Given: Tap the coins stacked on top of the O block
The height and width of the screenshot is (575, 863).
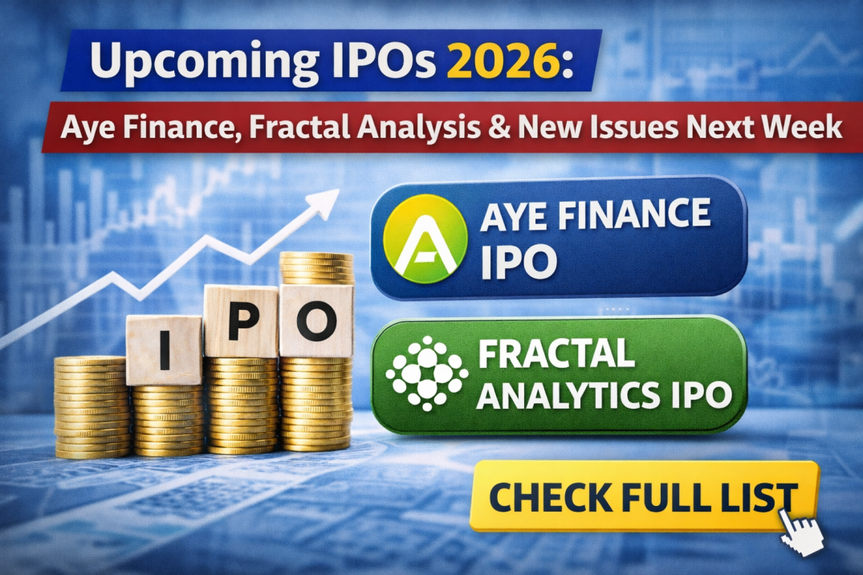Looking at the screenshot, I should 316,268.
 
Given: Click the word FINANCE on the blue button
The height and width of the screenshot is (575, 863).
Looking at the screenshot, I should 635,216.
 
